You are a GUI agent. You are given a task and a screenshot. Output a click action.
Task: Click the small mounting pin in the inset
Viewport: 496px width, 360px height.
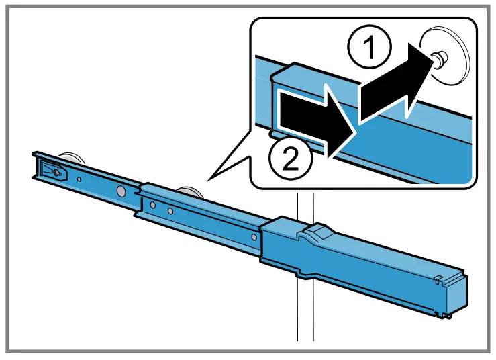(x=438, y=60)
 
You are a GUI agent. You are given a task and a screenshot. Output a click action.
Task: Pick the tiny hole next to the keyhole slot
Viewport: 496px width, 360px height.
(x=79, y=179)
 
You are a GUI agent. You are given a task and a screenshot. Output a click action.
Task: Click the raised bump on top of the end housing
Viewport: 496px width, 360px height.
(x=315, y=232)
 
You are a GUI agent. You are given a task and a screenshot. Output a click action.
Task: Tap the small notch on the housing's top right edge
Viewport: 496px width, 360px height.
(x=436, y=276)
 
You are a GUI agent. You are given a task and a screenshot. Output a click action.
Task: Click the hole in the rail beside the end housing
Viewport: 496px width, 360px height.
(x=252, y=236)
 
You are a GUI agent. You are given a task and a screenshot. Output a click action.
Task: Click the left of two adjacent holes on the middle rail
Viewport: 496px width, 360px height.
(x=153, y=206)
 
